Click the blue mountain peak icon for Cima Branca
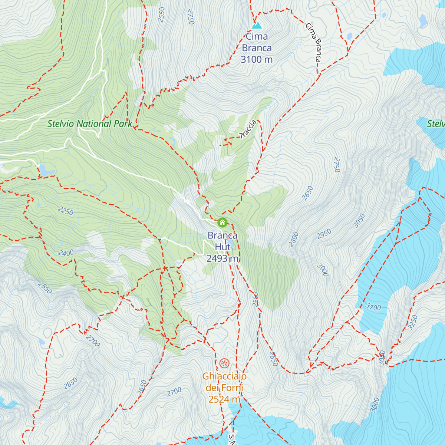pos(257,26)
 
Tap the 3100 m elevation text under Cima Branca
pos(257,59)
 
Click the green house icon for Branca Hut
pos(222,222)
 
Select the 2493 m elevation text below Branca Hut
pos(222,258)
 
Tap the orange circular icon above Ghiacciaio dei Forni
pos(224,363)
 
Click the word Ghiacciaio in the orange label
pos(224,376)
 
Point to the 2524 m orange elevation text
pos(224,399)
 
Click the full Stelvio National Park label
pos(90,124)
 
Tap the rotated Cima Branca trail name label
pos(313,42)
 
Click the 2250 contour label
pos(66,211)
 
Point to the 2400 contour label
pos(66,253)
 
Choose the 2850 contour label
pos(70,383)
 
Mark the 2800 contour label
pos(294,239)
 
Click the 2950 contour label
pos(324,234)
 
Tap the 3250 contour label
pos(413,322)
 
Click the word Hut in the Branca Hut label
pos(222,247)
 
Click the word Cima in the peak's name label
pos(257,37)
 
